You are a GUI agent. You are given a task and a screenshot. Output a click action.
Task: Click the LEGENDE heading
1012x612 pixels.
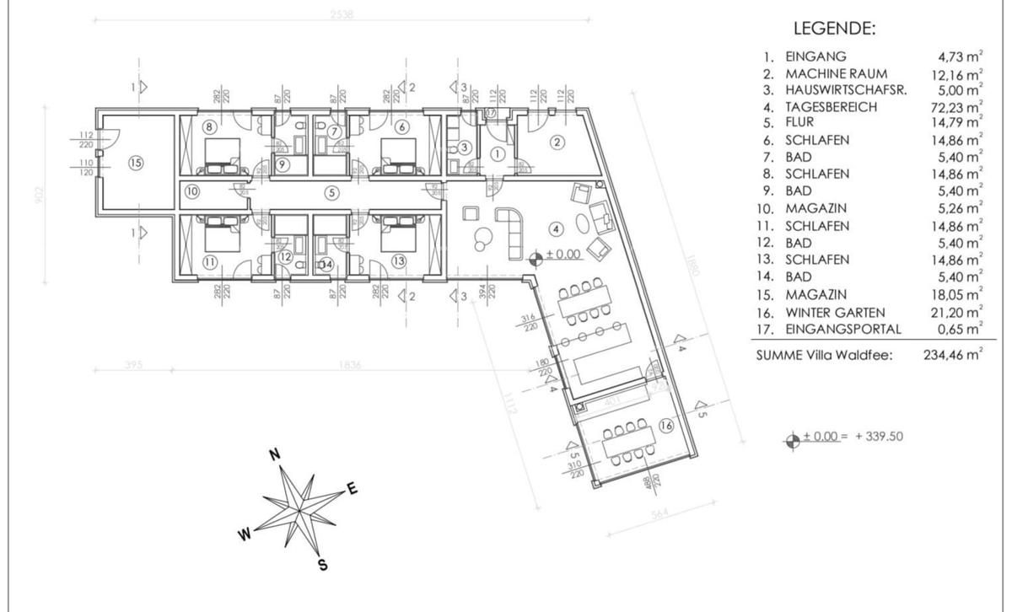point(835,30)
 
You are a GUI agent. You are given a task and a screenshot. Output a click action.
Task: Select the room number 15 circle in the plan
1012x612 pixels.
point(135,163)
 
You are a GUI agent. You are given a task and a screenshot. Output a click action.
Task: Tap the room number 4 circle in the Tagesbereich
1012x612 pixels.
point(555,228)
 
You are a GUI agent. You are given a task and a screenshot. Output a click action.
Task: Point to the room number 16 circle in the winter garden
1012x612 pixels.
point(665,426)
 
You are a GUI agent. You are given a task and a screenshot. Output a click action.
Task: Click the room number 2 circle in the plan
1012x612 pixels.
point(557,142)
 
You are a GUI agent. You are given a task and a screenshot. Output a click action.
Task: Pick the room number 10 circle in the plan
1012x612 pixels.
point(192,191)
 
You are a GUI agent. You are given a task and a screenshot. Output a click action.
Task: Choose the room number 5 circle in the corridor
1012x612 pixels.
point(331,192)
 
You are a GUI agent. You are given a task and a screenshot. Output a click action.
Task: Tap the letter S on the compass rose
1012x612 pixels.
point(322,565)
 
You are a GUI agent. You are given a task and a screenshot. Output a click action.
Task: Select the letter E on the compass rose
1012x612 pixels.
point(353,488)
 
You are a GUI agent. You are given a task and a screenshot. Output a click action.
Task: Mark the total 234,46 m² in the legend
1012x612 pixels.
point(951,356)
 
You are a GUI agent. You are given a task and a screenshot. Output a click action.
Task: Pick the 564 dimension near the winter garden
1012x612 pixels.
point(659,515)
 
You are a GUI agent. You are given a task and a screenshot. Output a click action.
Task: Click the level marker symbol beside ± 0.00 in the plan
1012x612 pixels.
point(535,256)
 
